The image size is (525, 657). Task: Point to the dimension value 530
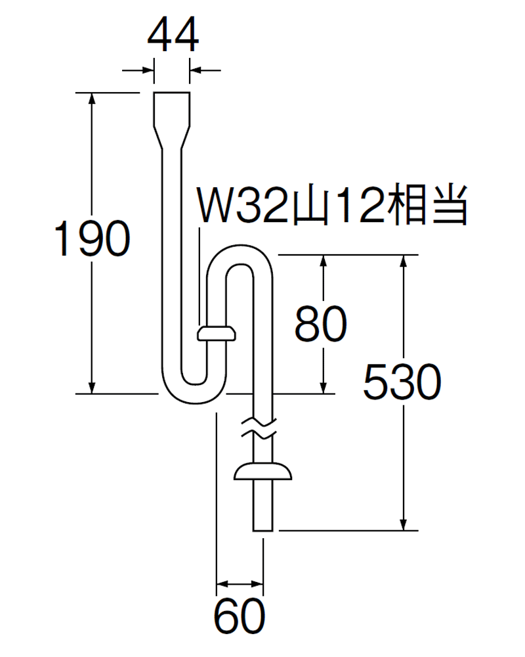(x=402, y=382)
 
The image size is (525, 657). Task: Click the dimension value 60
(x=240, y=617)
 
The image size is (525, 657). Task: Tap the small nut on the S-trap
(x=216, y=334)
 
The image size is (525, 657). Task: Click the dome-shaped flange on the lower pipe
(x=263, y=472)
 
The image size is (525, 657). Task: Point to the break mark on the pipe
(x=261, y=427)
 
